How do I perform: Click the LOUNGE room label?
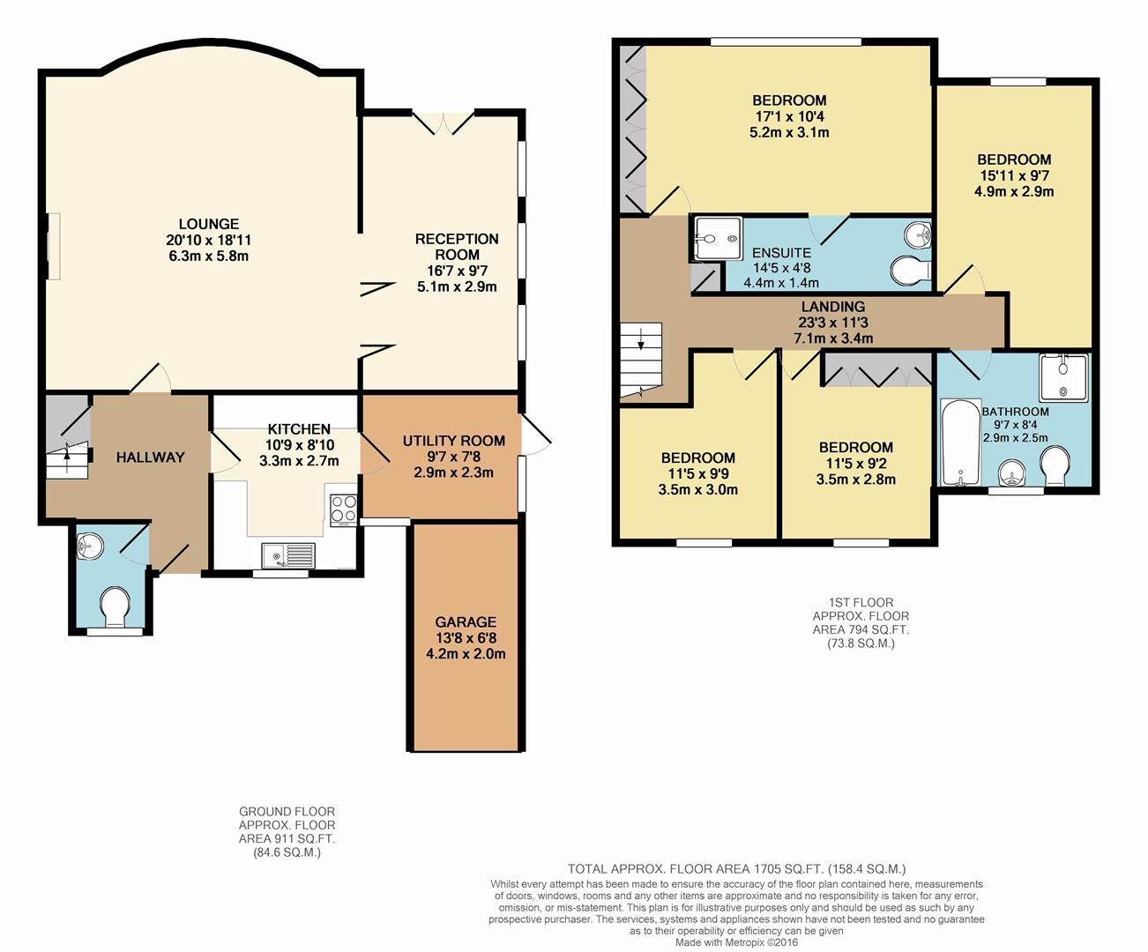pyautogui.click(x=209, y=224)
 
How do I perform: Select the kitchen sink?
pyautogui.click(x=288, y=555)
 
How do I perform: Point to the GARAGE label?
pyautogui.click(x=466, y=621)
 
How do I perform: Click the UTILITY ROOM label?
pyautogui.click(x=453, y=441)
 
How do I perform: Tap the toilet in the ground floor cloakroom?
pyautogui.click(x=115, y=606)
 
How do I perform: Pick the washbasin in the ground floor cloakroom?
pyautogui.click(x=90, y=546)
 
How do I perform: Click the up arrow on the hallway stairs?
pyautogui.click(x=67, y=455)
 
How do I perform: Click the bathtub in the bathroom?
pyautogui.click(x=960, y=443)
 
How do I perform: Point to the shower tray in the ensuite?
pyautogui.click(x=718, y=239)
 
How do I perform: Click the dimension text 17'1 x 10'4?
pyautogui.click(x=789, y=116)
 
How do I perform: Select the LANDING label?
pyautogui.click(x=833, y=307)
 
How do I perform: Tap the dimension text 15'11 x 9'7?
pyautogui.click(x=1014, y=176)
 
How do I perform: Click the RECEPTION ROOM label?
pyautogui.click(x=457, y=247)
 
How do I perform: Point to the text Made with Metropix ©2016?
pyautogui.click(x=737, y=942)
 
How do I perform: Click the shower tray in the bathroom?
pyautogui.click(x=1063, y=377)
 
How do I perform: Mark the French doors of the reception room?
pyautogui.click(x=444, y=123)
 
